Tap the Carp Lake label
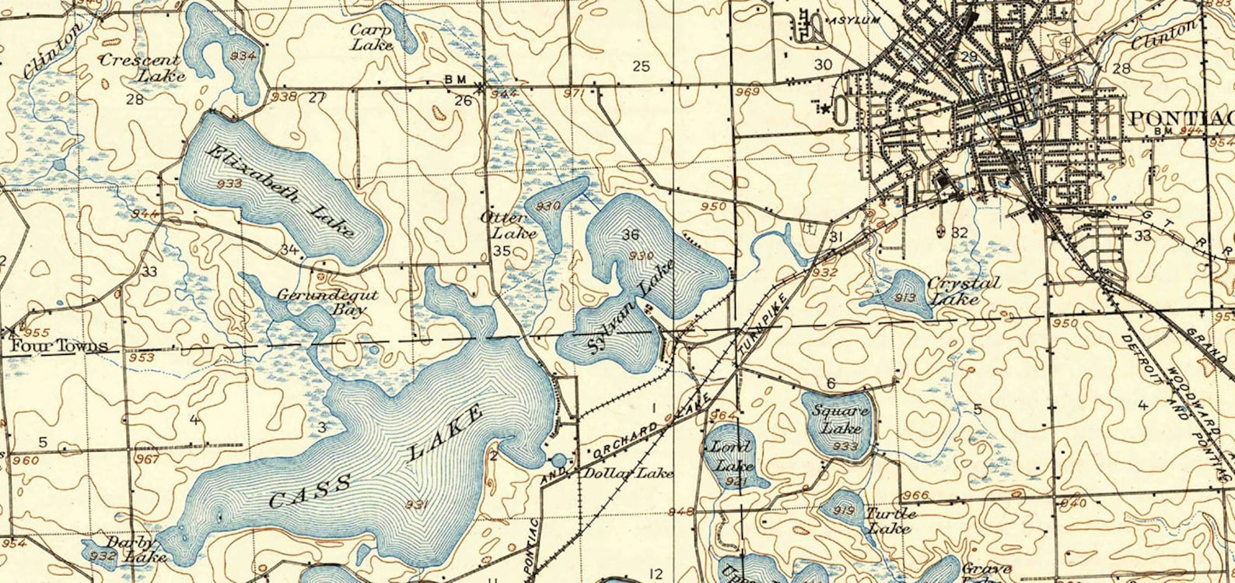coord(370,37)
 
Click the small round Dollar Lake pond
coord(558,460)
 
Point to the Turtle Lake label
coord(891,521)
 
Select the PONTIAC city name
coord(1179,118)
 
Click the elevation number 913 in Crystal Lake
coord(904,297)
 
